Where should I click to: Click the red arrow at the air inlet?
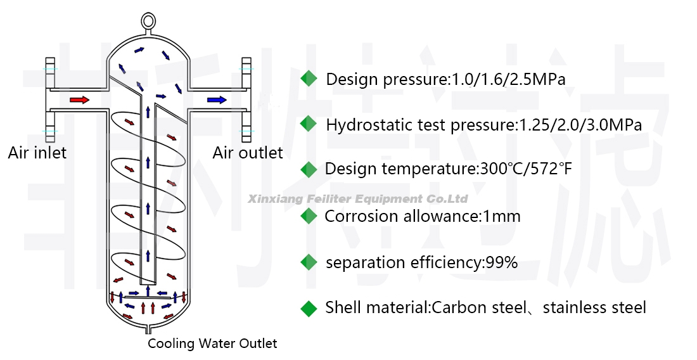(79, 100)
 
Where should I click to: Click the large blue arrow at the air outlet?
(217, 100)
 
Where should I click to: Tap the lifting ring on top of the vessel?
(148, 21)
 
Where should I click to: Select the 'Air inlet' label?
(37, 153)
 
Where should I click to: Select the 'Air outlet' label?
(248, 153)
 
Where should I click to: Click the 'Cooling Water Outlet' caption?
(212, 344)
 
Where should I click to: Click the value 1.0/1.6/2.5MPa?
(508, 80)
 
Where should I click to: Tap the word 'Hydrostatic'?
(364, 125)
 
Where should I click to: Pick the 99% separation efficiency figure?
(502, 262)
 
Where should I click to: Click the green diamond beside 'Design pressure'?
(309, 79)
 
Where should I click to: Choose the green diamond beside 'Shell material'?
(309, 308)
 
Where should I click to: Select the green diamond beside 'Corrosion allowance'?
(309, 216)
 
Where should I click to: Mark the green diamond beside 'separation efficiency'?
(309, 262)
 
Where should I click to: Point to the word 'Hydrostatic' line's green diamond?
(309, 124)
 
